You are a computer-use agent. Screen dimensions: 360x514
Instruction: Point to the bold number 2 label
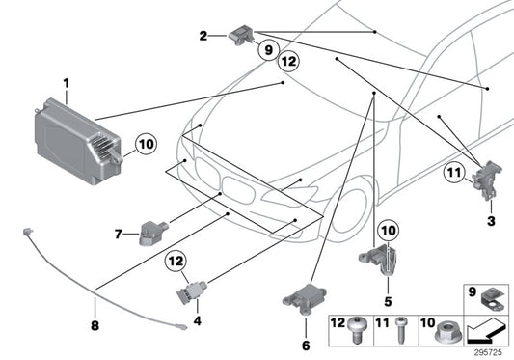pos(203,36)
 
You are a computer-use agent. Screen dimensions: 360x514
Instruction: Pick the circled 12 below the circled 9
pos(286,63)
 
